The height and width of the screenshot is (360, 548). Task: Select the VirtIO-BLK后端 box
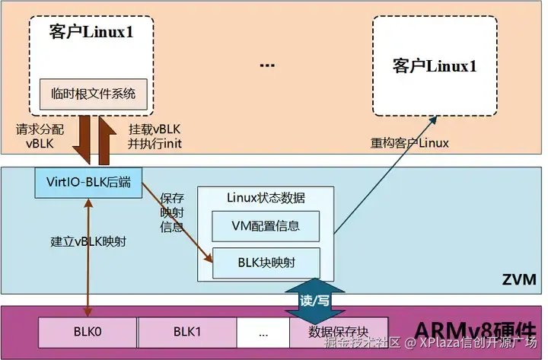tap(89, 183)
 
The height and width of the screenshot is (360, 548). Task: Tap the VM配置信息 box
tap(265, 225)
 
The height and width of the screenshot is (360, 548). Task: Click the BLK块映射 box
tap(265, 263)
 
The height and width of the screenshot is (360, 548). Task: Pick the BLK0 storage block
tap(88, 331)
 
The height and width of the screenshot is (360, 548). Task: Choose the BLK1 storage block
tap(186, 331)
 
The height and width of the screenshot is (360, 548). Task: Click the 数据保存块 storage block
tap(338, 332)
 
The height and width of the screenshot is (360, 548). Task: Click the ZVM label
tap(518, 279)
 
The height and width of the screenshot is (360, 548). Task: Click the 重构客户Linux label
tap(409, 142)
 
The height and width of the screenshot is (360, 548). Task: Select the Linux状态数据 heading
tap(266, 198)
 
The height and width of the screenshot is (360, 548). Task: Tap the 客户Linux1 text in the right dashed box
tap(435, 65)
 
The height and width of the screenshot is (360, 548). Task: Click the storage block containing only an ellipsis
tap(263, 331)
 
